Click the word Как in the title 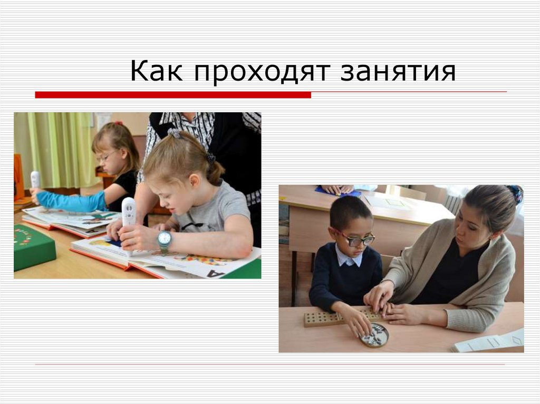(157, 72)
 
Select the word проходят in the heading (262, 72)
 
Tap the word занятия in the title (398, 72)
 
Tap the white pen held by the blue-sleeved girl (35, 180)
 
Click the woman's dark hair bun (515, 193)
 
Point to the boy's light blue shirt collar (349, 259)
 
